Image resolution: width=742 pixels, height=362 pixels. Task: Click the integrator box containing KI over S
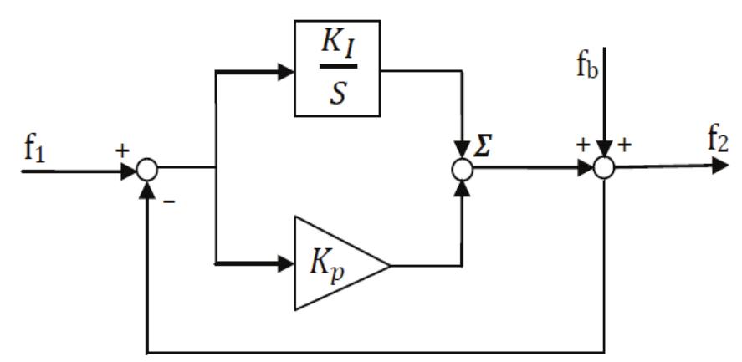pyautogui.click(x=336, y=69)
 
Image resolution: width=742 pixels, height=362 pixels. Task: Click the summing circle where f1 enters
pyautogui.click(x=147, y=169)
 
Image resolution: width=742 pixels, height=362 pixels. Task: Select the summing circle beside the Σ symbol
pyautogui.click(x=462, y=169)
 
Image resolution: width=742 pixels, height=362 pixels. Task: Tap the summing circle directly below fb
pyautogui.click(x=604, y=169)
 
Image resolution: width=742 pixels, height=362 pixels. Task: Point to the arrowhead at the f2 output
pyautogui.click(x=720, y=166)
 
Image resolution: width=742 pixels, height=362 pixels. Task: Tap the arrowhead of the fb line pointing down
pyautogui.click(x=604, y=150)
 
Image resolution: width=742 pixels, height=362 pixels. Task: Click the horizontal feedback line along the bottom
pyautogui.click(x=376, y=350)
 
